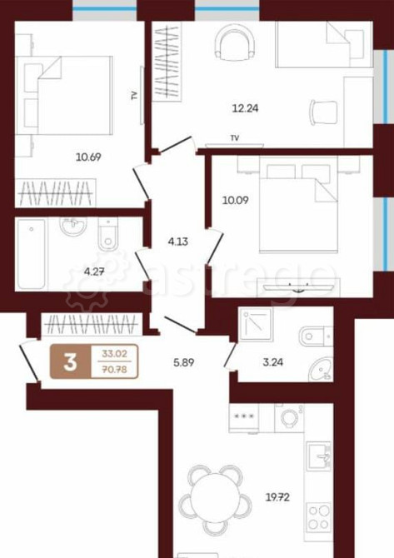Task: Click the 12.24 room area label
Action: [245, 107]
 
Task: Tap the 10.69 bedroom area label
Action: [88, 157]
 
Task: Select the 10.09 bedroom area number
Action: [235, 201]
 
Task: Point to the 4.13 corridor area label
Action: [178, 242]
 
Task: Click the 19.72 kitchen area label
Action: [277, 497]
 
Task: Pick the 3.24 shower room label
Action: [273, 362]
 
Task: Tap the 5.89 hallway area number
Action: [183, 362]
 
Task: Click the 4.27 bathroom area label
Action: [94, 272]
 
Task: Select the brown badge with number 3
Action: [70, 362]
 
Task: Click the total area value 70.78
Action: [115, 370]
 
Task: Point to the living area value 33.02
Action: [115, 354]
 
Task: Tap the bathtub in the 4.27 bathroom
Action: [32, 254]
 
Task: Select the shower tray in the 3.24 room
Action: [256, 324]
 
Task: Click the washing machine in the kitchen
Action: [290, 418]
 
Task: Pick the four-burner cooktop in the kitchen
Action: [319, 517]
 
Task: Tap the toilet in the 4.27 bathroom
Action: [107, 234]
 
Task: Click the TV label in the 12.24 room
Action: [235, 138]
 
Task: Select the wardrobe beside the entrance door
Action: [92, 324]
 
